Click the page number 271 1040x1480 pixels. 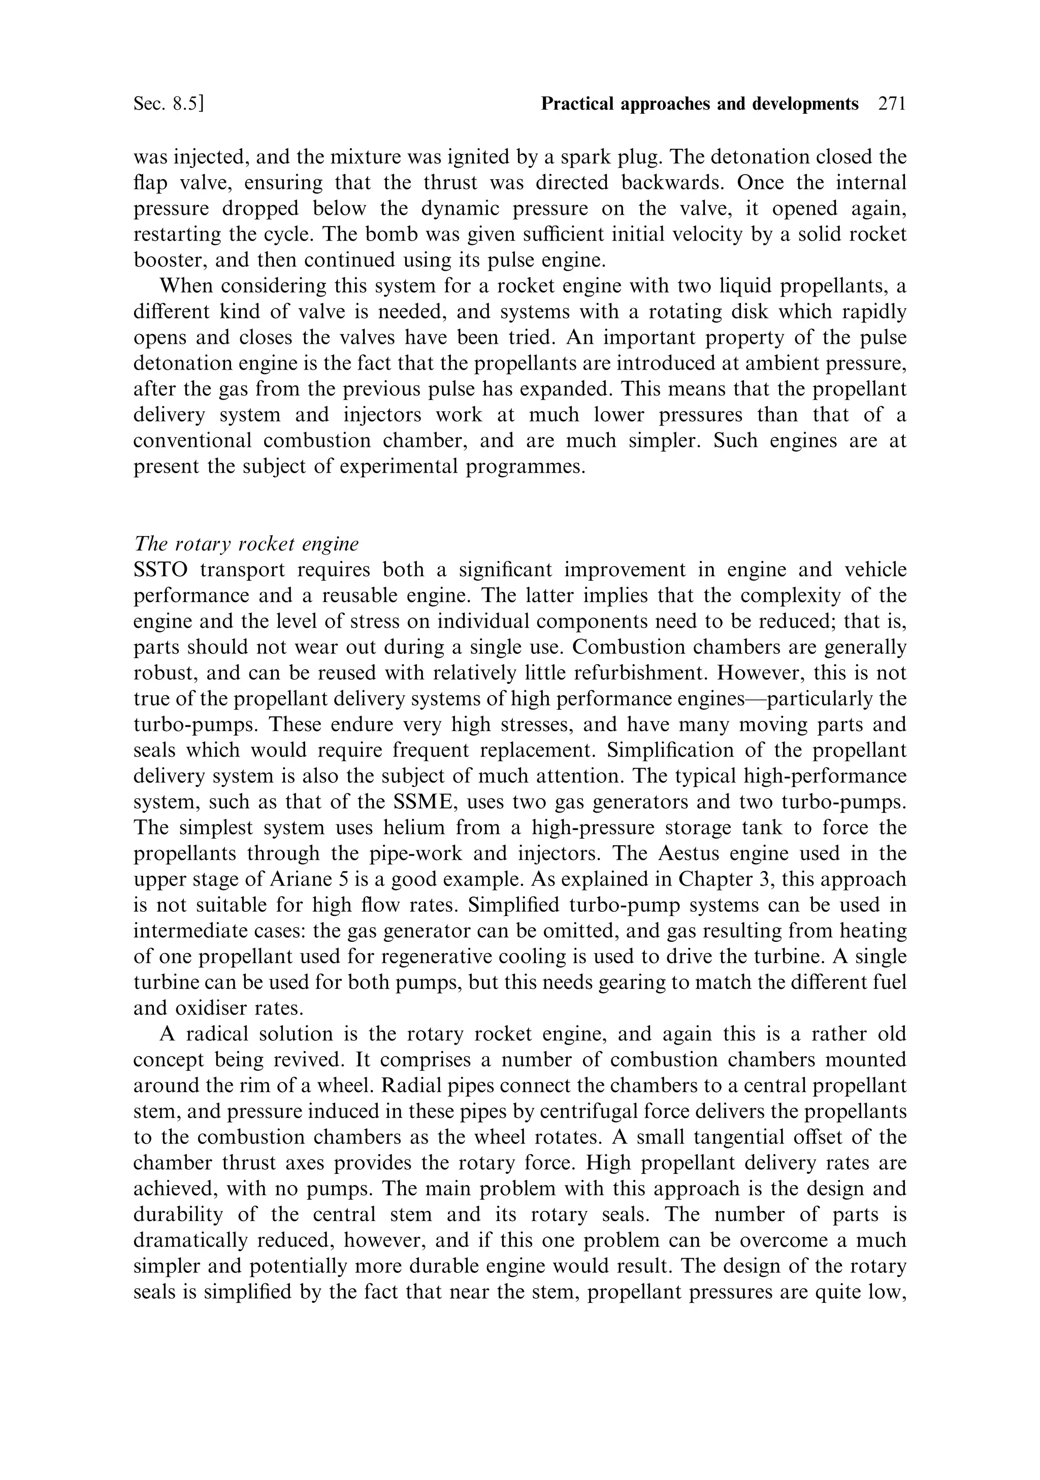892,104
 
